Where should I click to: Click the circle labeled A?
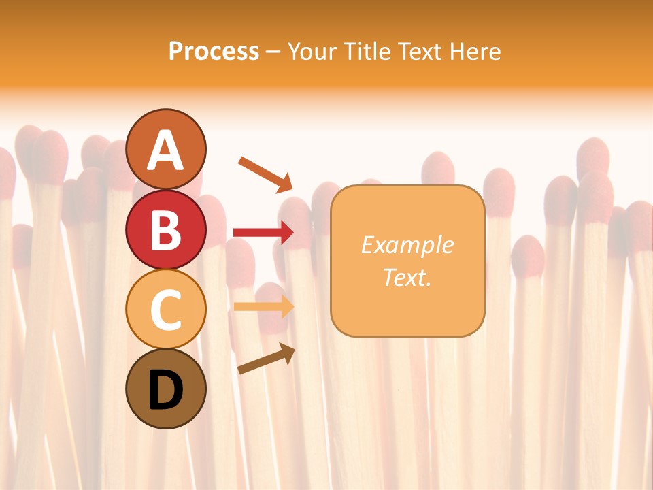point(166,149)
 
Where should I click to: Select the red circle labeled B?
point(166,229)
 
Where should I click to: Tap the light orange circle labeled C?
point(166,309)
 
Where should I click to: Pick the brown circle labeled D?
point(166,389)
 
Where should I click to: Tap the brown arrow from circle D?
point(266,358)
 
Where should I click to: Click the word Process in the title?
point(214,52)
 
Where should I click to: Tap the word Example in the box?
point(407,245)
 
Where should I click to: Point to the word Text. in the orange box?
point(407,277)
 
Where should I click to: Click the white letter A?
point(166,150)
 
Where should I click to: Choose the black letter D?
point(166,390)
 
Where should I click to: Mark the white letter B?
point(166,230)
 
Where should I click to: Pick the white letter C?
point(166,310)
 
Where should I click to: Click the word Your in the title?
point(312,52)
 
